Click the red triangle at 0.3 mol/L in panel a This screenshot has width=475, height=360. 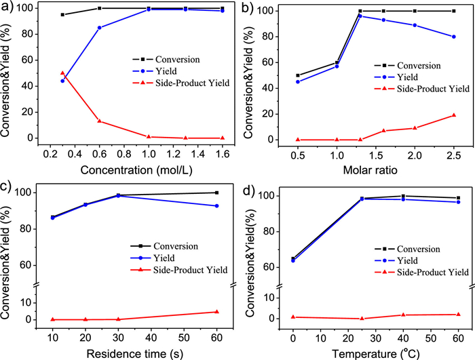62,73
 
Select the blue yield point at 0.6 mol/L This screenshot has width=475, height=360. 100,28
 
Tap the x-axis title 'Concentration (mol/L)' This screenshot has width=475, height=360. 141,167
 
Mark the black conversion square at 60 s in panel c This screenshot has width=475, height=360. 217,193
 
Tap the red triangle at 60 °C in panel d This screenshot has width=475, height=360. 458,314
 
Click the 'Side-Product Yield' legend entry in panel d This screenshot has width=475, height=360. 425,272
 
